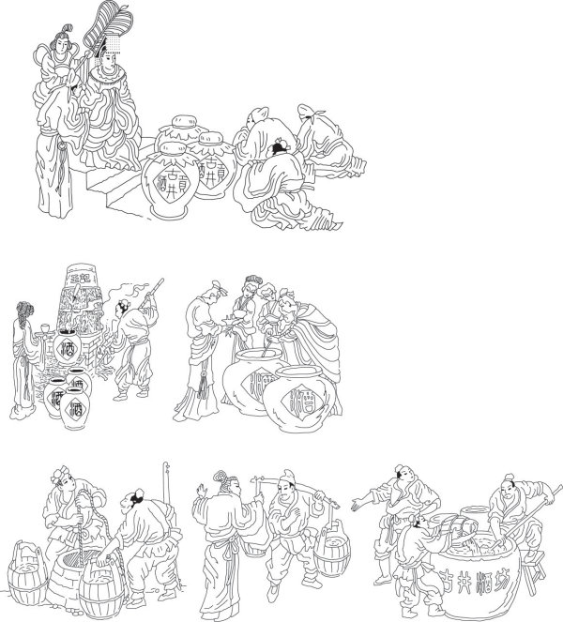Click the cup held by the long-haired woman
(42, 328)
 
